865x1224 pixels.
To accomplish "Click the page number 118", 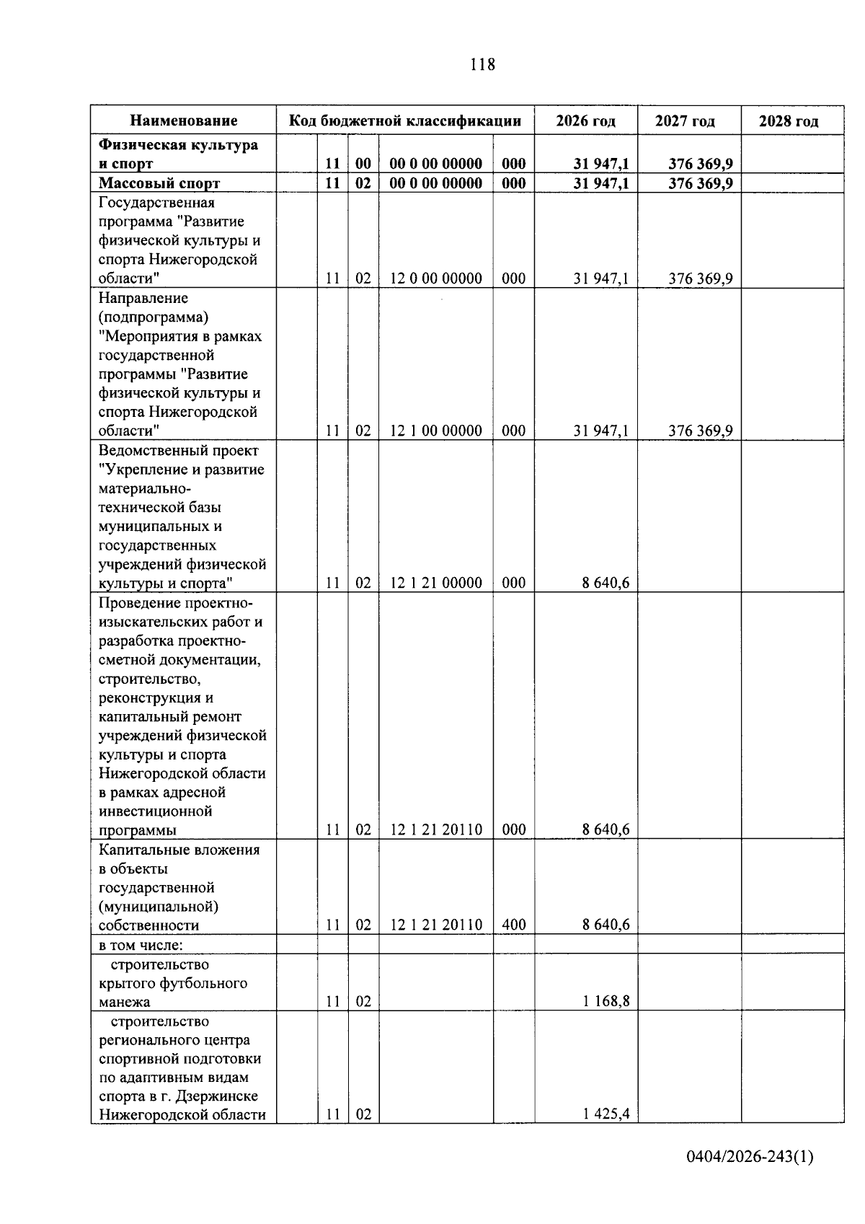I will coord(482,65).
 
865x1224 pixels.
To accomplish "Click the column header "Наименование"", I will coord(184,121).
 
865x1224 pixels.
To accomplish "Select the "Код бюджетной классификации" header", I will coord(405,121).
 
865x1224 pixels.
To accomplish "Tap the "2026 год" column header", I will coord(585,121).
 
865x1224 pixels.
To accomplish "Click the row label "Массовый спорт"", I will coord(159,183).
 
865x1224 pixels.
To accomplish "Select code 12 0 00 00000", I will coord(435,278).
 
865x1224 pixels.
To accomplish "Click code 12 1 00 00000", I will coord(435,431).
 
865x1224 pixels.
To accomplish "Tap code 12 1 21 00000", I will coord(435,583).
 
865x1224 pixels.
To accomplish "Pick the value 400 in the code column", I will coord(513,925).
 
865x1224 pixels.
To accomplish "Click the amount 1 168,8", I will coord(605,1002).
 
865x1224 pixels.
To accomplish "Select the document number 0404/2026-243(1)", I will coord(750,1178).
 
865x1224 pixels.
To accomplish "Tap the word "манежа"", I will coord(125,1002).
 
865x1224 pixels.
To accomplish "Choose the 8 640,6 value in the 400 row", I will coord(605,925).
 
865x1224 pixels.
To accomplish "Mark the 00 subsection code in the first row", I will coord(363,164).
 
